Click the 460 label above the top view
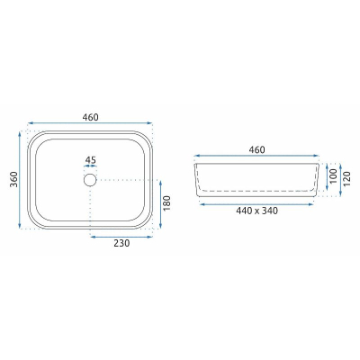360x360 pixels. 90,117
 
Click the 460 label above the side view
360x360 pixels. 256,149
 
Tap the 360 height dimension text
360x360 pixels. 13,179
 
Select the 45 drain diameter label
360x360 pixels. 90,160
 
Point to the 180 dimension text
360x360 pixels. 166,202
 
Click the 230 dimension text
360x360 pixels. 121,243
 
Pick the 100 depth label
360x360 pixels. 333,176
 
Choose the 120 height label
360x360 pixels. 346,179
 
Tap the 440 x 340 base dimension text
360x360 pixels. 256,211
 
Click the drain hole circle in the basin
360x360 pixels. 90,180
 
